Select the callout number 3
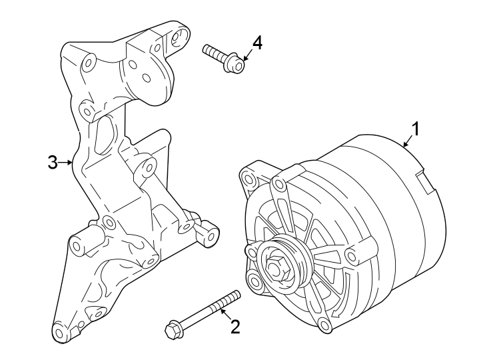pyautogui.click(x=54, y=162)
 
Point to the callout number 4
pyautogui.click(x=256, y=43)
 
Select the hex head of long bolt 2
pyautogui.click(x=173, y=329)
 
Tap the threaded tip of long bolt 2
pyautogui.click(x=234, y=296)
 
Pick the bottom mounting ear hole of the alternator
pyautogui.click(x=324, y=325)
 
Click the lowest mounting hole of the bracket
pyautogui.click(x=60, y=333)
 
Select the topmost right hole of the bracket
pyautogui.click(x=178, y=37)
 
